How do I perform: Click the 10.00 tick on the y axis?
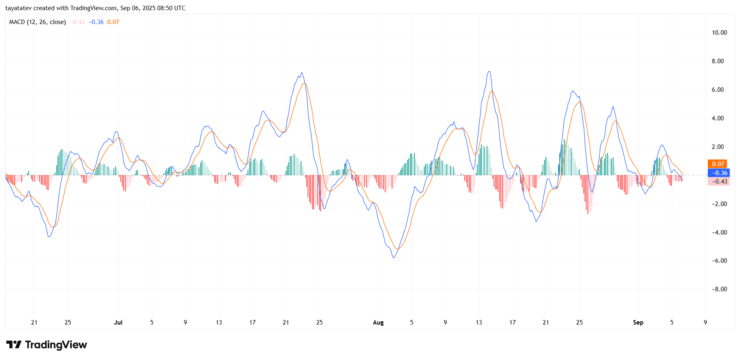point(719,33)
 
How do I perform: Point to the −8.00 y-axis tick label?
point(719,289)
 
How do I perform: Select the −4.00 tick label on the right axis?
point(719,232)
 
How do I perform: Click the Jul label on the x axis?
point(118,322)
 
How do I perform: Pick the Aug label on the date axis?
point(378,322)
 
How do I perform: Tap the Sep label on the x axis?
point(638,322)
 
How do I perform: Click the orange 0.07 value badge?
point(718,164)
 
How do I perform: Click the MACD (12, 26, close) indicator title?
point(38,22)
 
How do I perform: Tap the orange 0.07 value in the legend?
point(113,22)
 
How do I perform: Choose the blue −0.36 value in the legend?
point(96,22)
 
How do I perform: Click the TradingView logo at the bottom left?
point(47,345)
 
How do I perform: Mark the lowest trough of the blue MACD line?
point(394,258)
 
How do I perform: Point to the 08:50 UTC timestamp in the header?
point(171,8)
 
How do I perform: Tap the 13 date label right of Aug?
point(479,322)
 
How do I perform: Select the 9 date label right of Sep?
point(705,322)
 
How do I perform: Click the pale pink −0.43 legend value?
point(77,22)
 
